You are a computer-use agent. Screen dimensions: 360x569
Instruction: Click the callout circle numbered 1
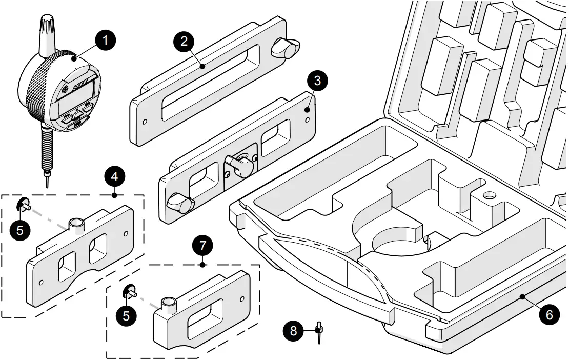(x=106, y=41)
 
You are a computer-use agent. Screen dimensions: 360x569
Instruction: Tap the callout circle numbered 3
(x=317, y=81)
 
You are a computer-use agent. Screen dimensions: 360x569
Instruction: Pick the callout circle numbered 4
(x=114, y=176)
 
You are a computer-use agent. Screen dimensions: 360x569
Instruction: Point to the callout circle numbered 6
(x=549, y=314)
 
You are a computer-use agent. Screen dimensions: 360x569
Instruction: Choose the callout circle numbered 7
(x=203, y=246)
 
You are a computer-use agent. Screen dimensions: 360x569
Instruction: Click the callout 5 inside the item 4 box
(x=19, y=230)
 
